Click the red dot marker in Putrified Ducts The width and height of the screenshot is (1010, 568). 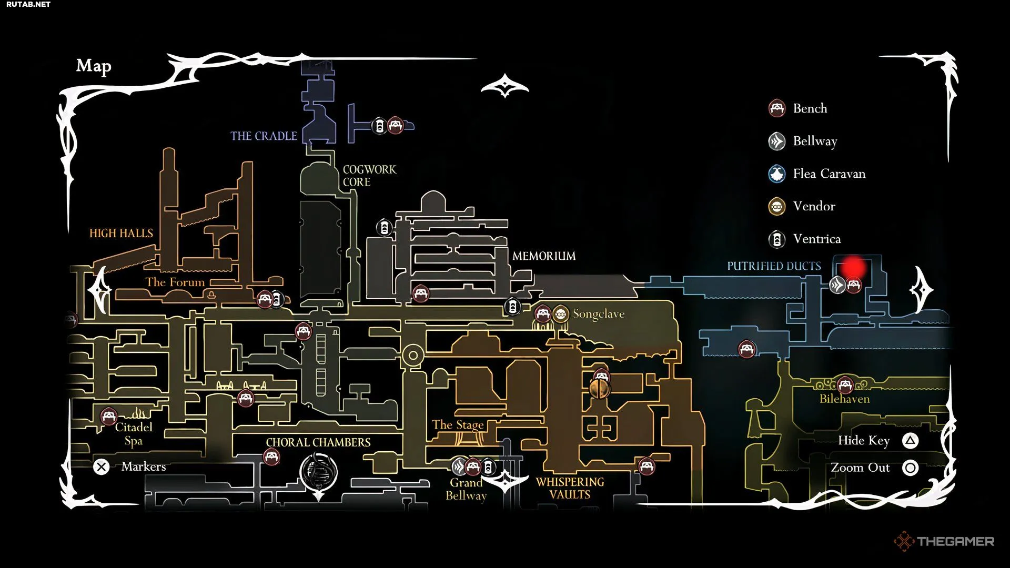[x=853, y=267]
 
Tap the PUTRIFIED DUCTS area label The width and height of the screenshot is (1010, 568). [x=774, y=266]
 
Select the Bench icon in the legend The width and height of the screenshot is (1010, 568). [x=777, y=108]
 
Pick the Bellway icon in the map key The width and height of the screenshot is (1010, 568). [x=777, y=141]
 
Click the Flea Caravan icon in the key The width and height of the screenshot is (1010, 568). [x=777, y=174]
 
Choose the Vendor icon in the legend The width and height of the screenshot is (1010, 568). [x=777, y=206]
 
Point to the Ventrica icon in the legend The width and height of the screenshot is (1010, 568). [x=777, y=239]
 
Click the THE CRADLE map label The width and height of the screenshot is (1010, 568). [x=264, y=136]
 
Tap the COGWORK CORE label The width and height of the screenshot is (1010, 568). [x=369, y=176]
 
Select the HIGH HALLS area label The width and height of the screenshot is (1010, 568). [x=121, y=233]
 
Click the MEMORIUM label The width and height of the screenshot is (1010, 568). [x=544, y=256]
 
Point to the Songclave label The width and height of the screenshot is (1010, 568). [x=599, y=314]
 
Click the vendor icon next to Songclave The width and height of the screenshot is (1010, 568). [x=561, y=315]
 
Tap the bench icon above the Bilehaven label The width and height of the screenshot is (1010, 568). [x=845, y=385]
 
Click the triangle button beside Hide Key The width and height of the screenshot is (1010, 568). [x=911, y=441]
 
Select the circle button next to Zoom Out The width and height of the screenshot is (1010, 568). [x=911, y=468]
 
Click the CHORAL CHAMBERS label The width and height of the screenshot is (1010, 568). [x=318, y=442]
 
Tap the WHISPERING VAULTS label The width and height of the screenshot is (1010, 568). [x=570, y=488]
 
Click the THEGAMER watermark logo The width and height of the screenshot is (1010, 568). [x=944, y=541]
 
